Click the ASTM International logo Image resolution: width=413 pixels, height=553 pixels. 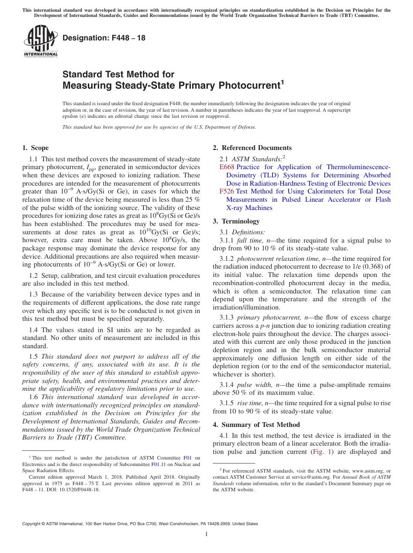[x=40, y=41]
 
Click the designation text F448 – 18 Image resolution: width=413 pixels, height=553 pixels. [x=104, y=38]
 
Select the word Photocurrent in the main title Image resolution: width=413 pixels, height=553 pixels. [x=248, y=86]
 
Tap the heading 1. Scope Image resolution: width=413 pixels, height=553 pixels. [x=36, y=148]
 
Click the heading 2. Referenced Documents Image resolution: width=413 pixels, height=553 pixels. [x=252, y=148]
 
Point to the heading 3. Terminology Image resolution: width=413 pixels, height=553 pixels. [x=236, y=221]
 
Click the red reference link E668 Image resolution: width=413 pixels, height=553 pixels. [x=227, y=167]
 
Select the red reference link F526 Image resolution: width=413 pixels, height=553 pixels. [x=227, y=191]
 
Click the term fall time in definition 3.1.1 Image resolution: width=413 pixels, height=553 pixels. [x=249, y=240]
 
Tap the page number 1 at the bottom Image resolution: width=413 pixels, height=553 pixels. [x=206, y=534]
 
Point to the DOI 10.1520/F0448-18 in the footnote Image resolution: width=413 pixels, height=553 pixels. [x=81, y=489]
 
